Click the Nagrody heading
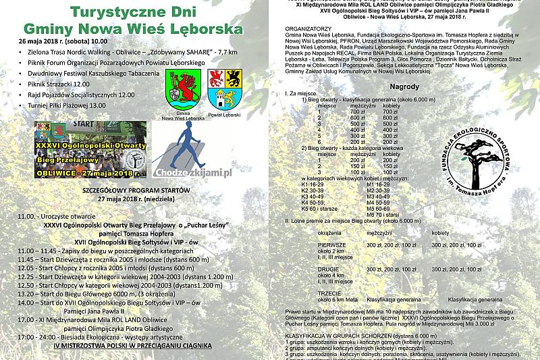[x=404, y=87]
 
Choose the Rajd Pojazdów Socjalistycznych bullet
[x=81, y=95]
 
